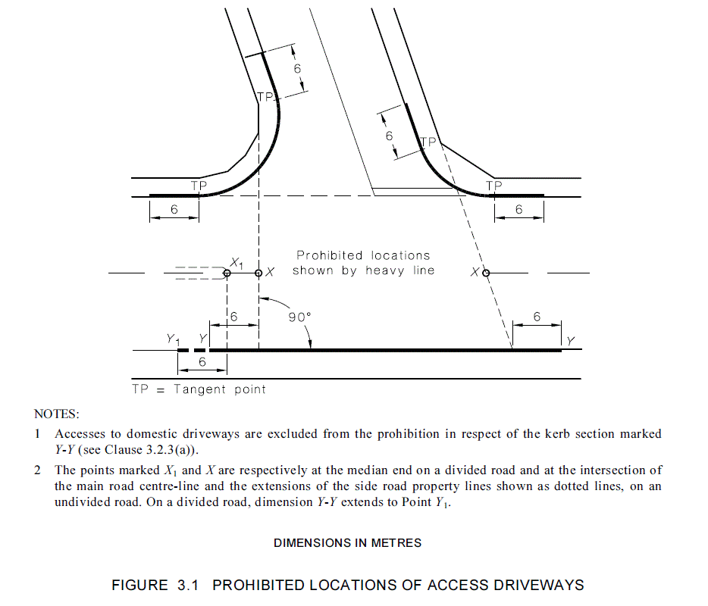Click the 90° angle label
[x=300, y=317]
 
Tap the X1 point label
[x=236, y=262]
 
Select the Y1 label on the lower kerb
[x=174, y=340]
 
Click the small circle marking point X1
[x=227, y=273]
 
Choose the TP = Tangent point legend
[x=199, y=389]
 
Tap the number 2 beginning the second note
[x=38, y=470]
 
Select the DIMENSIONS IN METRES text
[x=348, y=543]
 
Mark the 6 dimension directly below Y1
[x=202, y=362]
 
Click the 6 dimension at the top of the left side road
[x=298, y=68]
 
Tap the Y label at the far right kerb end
[x=570, y=342]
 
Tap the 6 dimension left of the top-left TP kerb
[x=174, y=210]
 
